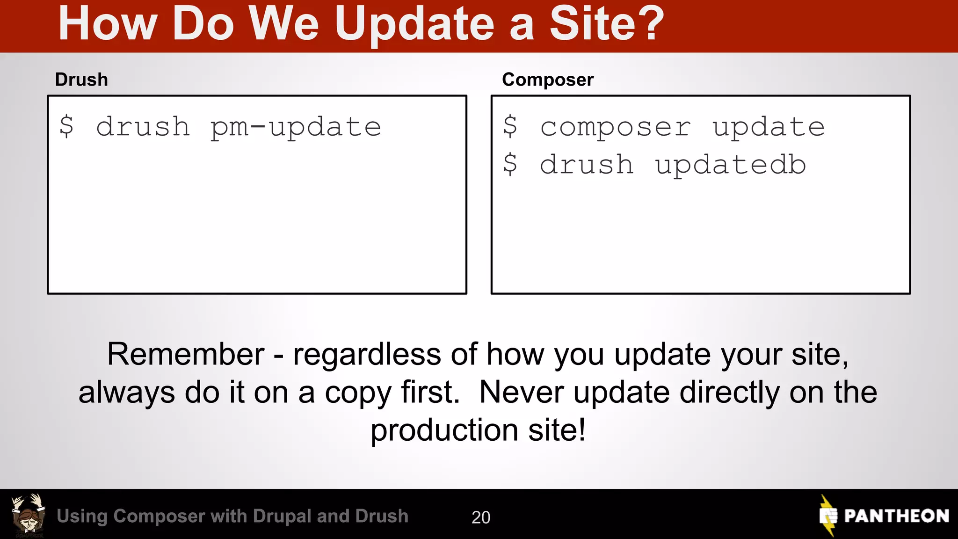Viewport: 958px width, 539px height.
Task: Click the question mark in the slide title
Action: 646,23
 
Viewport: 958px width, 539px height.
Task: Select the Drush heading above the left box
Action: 81,80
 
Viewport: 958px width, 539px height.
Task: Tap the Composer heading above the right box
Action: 548,80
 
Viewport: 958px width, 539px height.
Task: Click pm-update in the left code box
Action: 296,127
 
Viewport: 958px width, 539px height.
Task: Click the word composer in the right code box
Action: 615,127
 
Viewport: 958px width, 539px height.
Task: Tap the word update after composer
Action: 768,127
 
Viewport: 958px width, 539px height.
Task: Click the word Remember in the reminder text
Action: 186,354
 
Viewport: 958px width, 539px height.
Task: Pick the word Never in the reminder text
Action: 521,392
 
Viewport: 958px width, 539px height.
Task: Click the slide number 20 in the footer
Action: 481,517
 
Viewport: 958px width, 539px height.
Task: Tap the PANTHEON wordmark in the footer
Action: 896,516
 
